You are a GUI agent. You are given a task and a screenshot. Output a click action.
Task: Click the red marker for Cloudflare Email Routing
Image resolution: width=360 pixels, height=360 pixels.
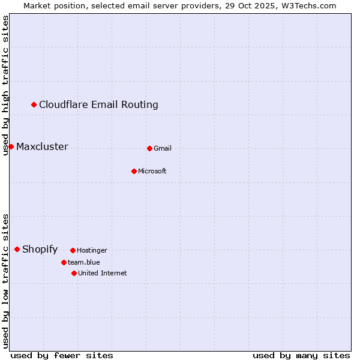[x=34, y=105]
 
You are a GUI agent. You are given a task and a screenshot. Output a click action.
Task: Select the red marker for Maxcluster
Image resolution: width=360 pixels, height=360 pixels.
[x=11, y=147]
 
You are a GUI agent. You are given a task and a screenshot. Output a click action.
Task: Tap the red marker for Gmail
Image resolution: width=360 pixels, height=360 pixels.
[x=149, y=148]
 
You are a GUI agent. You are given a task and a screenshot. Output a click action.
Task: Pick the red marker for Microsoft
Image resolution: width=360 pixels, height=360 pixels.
[x=134, y=171]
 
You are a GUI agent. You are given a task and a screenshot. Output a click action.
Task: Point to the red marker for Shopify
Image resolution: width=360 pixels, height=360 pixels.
[x=17, y=250]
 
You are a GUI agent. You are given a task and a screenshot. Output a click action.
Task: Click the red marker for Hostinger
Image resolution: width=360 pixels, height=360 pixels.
[x=73, y=250]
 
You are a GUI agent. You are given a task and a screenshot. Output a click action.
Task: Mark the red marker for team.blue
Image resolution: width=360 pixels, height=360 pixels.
[x=64, y=262]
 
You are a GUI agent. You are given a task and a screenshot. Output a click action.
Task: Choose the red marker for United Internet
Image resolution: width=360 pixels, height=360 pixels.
[x=74, y=273]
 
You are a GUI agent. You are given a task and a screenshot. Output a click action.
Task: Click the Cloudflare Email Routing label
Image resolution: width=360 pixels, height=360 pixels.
[x=98, y=105]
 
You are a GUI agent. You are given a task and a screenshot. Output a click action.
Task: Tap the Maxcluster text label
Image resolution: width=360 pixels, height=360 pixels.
[x=42, y=147]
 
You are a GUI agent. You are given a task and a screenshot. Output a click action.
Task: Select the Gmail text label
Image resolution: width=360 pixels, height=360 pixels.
[x=163, y=148]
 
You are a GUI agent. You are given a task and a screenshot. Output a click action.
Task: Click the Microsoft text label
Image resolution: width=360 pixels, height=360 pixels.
[x=152, y=171]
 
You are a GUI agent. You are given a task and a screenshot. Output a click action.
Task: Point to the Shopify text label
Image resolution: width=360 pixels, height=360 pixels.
[x=40, y=250]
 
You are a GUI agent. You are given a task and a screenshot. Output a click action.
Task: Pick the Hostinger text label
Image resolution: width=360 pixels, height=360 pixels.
[x=92, y=250]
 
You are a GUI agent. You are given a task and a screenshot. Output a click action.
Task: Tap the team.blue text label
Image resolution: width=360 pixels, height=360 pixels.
[x=84, y=262]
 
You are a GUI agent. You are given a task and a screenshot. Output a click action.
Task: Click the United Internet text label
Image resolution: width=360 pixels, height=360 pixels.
[x=102, y=273]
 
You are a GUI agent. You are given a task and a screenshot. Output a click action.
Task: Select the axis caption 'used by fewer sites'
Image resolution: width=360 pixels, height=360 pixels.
[x=62, y=355]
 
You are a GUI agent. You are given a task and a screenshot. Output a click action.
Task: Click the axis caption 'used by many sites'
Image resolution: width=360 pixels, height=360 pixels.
[x=301, y=355]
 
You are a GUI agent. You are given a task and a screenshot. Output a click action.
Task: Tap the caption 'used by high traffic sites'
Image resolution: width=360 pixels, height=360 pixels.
[x=5, y=85]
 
